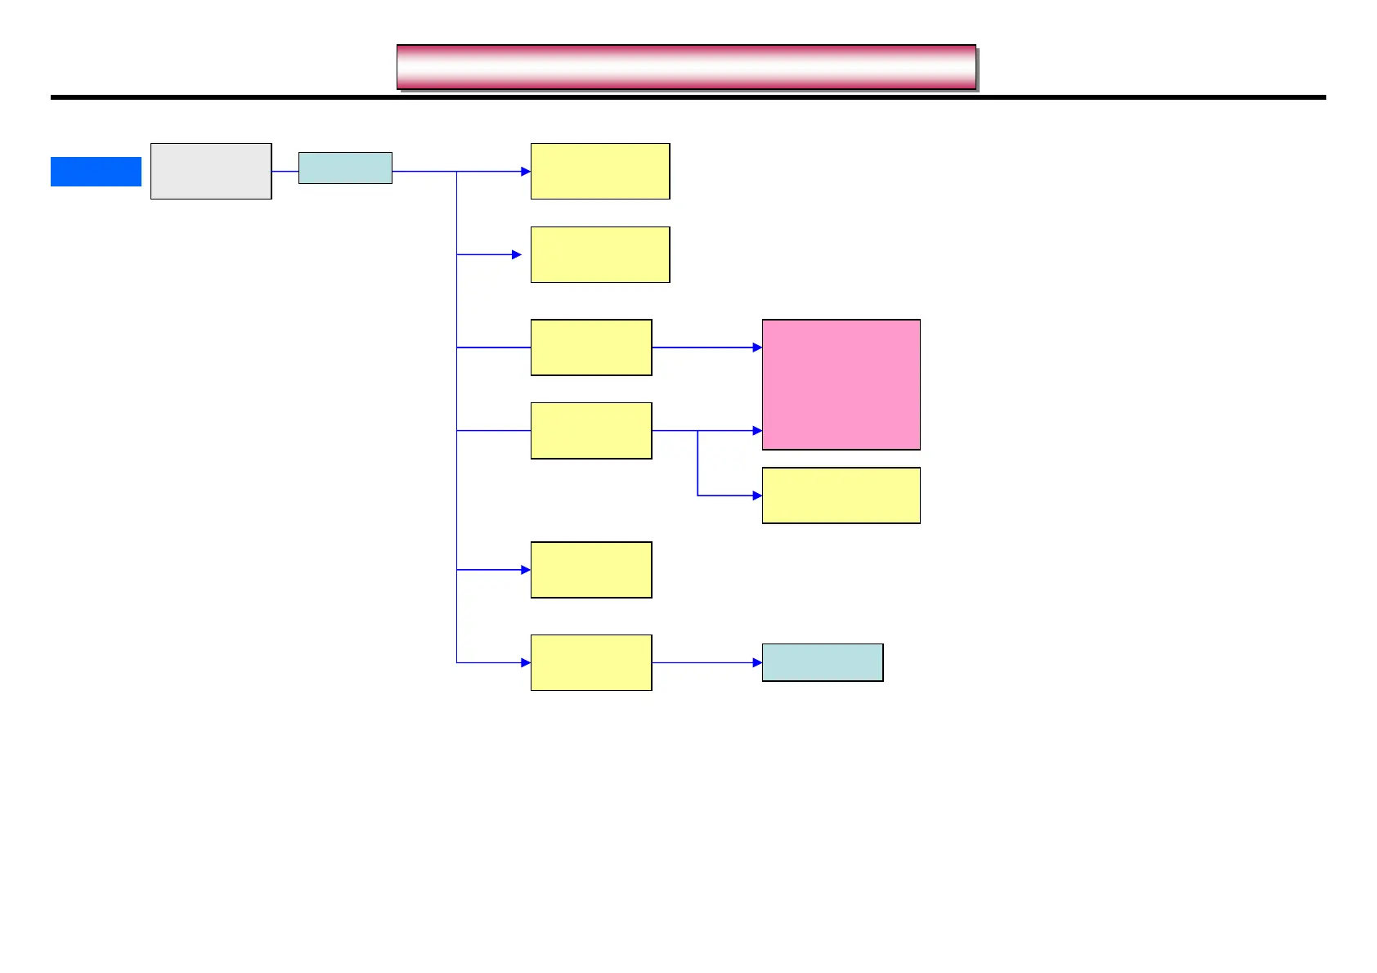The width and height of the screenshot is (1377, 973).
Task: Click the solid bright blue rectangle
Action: pos(96,172)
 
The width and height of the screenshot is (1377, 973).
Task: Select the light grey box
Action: pos(211,171)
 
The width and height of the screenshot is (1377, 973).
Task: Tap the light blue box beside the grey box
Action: pos(345,168)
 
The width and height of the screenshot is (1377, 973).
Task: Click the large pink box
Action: pos(841,384)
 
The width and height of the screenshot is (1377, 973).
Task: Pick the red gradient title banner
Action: pos(686,67)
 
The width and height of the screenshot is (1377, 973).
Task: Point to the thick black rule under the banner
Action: pos(688,97)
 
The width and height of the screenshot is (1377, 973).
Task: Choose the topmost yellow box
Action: pos(600,171)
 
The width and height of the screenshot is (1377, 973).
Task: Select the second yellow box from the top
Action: pos(600,254)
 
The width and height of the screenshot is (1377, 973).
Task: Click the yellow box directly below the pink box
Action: pos(841,495)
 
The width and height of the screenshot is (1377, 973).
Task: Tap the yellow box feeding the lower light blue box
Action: pos(591,662)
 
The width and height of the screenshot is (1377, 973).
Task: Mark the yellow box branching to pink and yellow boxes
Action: pos(591,430)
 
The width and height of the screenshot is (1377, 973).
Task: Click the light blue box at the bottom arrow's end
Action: pos(823,662)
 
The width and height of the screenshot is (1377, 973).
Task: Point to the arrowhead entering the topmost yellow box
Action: pos(526,172)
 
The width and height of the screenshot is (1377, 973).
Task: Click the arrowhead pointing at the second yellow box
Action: pos(517,254)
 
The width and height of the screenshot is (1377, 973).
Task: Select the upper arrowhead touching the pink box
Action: pos(757,347)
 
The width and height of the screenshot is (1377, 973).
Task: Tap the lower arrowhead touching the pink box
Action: pos(757,430)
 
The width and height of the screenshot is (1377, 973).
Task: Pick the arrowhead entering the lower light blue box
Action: pos(757,662)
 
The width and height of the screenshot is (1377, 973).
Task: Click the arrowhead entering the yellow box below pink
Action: pos(757,495)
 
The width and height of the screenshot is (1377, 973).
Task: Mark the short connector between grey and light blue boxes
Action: pos(285,171)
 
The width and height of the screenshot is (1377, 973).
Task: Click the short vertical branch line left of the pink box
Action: pos(697,463)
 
